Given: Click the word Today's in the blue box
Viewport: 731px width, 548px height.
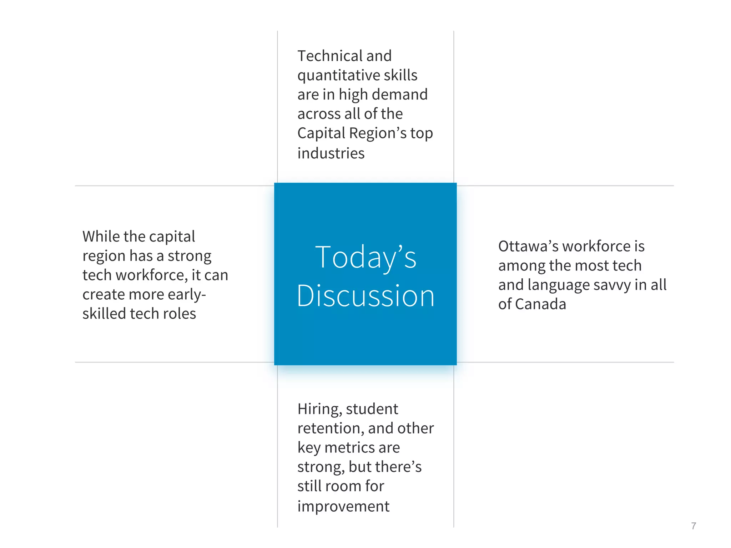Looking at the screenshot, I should tap(365, 258).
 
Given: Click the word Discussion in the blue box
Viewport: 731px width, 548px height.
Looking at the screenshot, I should tap(365, 296).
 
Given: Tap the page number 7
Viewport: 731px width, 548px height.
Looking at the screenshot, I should tap(693, 526).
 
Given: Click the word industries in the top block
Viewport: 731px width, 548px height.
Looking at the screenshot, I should tap(331, 153).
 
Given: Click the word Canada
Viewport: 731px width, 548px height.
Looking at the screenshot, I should tap(540, 304).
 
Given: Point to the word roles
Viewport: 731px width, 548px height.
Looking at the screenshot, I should tap(179, 314).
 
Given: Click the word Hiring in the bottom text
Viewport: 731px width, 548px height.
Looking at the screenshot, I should tap(319, 409).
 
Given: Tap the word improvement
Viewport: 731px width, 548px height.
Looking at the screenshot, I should tap(343, 507).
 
